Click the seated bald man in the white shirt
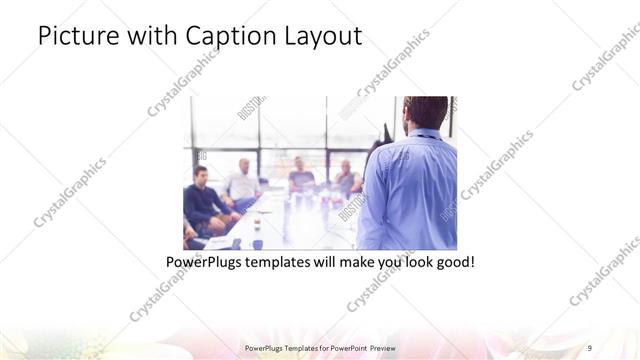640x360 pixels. coord(242,181)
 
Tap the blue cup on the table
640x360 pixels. coord(257,243)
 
